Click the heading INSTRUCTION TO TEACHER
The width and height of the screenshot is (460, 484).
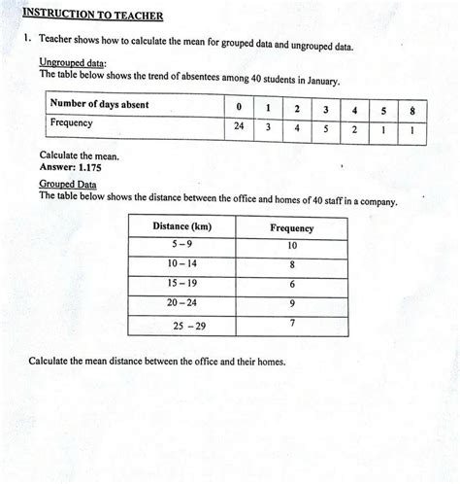[92, 17]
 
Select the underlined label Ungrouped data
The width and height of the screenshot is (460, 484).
[72, 61]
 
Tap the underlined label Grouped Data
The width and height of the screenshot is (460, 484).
[68, 183]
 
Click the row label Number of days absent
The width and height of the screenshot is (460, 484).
[99, 105]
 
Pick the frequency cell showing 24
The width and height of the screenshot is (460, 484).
[238, 125]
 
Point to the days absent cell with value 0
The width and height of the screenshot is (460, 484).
[238, 106]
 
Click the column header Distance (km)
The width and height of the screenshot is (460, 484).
[182, 226]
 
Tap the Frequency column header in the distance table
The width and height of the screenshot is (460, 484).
[291, 228]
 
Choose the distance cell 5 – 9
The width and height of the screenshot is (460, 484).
[182, 245]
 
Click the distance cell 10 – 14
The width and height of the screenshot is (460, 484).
[182, 264]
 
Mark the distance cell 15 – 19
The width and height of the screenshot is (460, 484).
[182, 284]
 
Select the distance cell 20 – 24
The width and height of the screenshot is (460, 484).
[182, 303]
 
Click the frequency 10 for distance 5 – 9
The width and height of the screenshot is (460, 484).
[292, 246]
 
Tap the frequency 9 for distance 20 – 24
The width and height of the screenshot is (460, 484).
[292, 303]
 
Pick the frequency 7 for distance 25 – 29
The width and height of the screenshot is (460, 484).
[292, 323]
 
